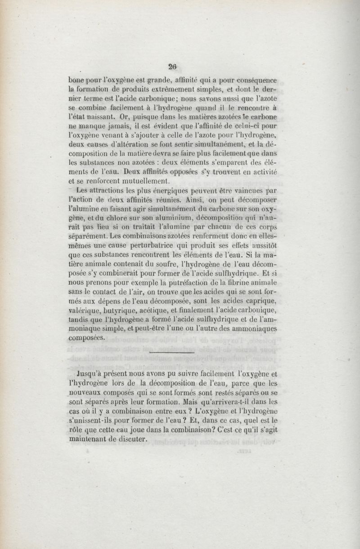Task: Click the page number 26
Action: (171, 66)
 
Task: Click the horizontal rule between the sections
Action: (171, 354)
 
